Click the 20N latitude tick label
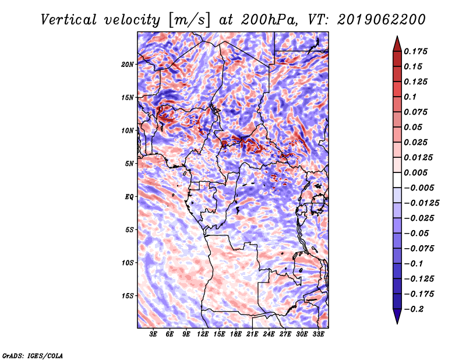[128, 64]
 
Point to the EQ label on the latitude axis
[129, 196]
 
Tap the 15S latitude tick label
[128, 295]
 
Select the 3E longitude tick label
[154, 335]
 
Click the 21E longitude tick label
[253, 335]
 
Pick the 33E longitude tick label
[319, 335]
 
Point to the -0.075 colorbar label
[419, 248]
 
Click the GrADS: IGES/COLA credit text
[32, 354]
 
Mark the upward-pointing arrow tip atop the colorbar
[397, 39]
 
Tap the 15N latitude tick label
[128, 97]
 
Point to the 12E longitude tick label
[203, 335]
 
